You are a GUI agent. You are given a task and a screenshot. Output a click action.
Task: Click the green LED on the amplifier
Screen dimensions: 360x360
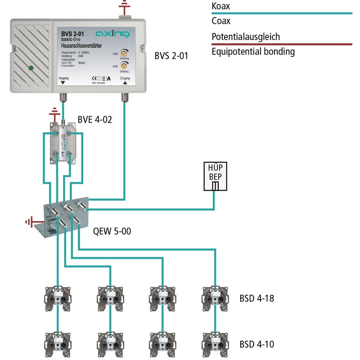coord(31,68)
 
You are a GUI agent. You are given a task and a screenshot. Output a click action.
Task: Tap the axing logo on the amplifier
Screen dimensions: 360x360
coord(112,34)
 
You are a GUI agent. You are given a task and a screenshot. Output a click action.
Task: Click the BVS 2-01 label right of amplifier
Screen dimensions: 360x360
coord(171,56)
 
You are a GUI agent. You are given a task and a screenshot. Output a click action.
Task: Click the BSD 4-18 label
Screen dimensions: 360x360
coord(257,298)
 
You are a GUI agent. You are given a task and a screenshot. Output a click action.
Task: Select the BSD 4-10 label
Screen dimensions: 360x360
coord(257,344)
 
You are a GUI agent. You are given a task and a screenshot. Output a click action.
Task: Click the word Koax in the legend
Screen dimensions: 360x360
coord(221,7)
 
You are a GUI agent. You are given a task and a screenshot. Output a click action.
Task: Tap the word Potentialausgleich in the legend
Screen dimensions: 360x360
coord(247,37)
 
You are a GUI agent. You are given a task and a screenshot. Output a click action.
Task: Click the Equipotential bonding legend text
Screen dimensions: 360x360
coord(253,52)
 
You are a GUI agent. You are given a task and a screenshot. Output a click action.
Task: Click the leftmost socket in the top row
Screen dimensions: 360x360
coord(57,297)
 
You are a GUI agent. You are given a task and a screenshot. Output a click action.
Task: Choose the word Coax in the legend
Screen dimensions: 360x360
coord(221,21)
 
